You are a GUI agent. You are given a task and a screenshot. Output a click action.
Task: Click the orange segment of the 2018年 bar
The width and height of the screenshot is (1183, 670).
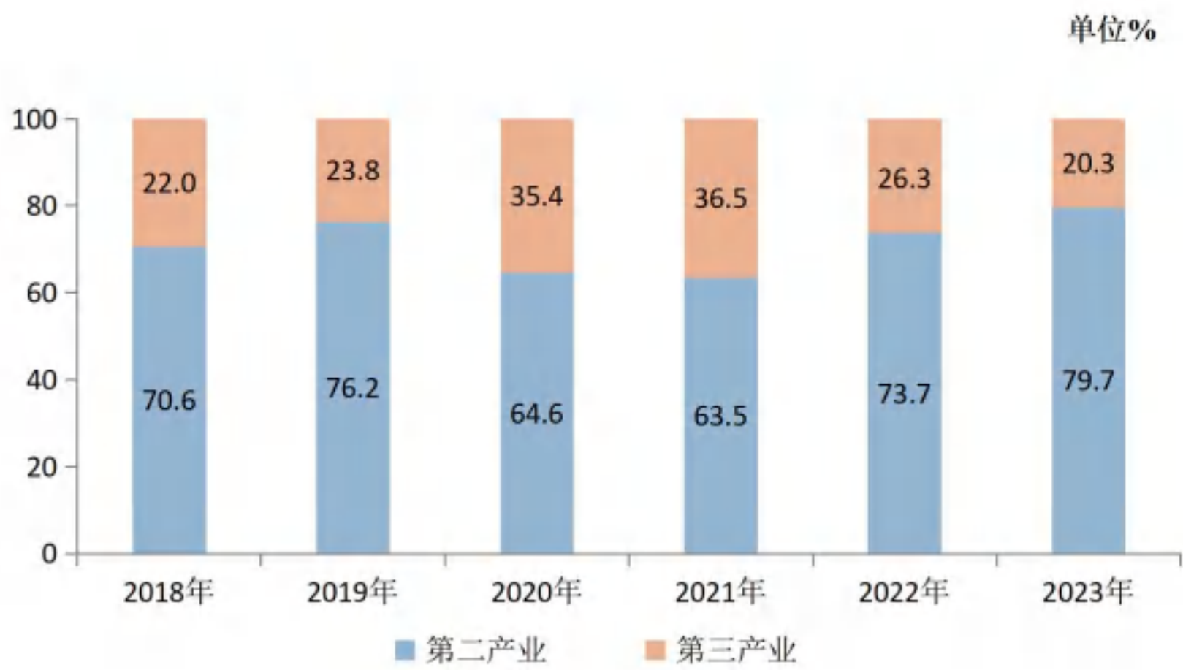pyautogui.click(x=169, y=183)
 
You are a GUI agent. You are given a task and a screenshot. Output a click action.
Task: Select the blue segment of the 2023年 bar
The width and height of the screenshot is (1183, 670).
pyautogui.click(x=1089, y=381)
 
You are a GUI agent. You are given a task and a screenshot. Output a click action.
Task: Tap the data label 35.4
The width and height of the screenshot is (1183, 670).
pyautogui.click(x=536, y=197)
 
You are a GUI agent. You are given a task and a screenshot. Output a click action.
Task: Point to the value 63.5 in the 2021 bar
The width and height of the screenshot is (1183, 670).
pyautogui.click(x=720, y=416)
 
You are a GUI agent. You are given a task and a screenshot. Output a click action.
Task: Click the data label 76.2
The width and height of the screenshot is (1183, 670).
pyautogui.click(x=352, y=388)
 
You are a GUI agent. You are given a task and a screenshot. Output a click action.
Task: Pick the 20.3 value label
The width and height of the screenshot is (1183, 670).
pyautogui.click(x=1089, y=163)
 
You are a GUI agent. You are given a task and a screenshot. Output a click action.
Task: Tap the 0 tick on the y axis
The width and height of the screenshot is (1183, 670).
pyautogui.click(x=49, y=554)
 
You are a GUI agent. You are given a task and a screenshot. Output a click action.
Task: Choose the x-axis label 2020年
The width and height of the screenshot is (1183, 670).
pyautogui.click(x=536, y=592)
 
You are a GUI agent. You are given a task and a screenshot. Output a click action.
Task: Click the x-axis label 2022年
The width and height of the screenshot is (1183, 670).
pyautogui.click(x=904, y=592)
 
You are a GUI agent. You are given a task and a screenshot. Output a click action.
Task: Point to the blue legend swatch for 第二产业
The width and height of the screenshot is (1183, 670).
pyautogui.click(x=405, y=650)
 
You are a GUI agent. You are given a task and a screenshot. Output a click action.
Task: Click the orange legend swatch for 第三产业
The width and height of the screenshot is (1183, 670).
pyautogui.click(x=656, y=650)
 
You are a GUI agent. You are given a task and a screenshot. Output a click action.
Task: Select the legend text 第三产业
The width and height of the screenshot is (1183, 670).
pyautogui.click(x=737, y=650)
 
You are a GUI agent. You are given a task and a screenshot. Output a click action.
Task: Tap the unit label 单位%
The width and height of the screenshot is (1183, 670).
pyautogui.click(x=1112, y=29)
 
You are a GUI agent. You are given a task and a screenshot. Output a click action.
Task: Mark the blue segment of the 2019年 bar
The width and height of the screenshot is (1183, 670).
pyautogui.click(x=353, y=388)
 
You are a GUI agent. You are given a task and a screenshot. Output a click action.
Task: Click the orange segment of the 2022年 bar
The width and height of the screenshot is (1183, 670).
pyautogui.click(x=905, y=176)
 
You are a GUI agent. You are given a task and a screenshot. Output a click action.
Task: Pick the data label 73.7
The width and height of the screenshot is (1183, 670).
pyautogui.click(x=904, y=394)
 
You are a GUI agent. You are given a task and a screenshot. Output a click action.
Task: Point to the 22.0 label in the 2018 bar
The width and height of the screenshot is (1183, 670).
pyautogui.click(x=169, y=183)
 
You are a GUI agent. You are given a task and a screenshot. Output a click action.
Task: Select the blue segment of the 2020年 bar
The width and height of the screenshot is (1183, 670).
pyautogui.click(x=536, y=414)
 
